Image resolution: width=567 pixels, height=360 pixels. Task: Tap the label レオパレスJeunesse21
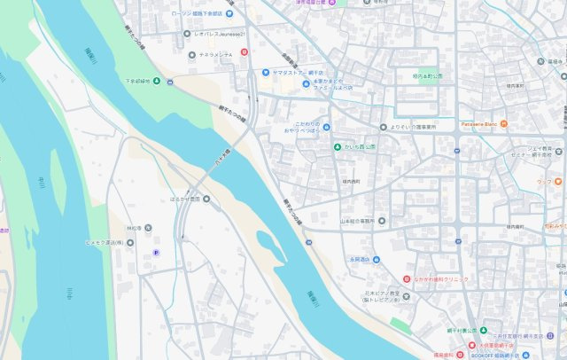click(x=217, y=34)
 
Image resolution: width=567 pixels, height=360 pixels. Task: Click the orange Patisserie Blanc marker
click(x=504, y=124)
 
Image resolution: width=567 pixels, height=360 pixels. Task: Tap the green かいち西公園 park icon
click(x=337, y=146)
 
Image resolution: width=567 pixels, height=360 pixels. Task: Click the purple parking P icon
click(x=157, y=253)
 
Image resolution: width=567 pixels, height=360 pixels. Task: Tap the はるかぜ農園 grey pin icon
click(x=206, y=199)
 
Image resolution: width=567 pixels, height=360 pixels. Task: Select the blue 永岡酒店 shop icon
click(x=376, y=260)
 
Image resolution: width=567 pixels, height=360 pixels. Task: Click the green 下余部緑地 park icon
click(x=157, y=82)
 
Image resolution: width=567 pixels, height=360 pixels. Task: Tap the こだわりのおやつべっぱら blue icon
click(x=326, y=127)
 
